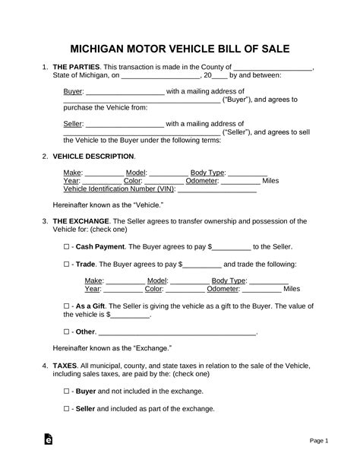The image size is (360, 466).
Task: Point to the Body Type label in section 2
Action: [x=207, y=173]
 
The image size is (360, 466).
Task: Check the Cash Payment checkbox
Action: [x=67, y=247]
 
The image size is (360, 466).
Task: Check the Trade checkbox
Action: [x=67, y=264]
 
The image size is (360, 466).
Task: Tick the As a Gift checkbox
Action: [x=67, y=305]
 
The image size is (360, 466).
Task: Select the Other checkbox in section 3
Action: [x=67, y=331]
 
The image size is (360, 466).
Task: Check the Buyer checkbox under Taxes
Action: [x=67, y=391]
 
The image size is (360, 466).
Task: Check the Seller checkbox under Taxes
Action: [x=67, y=408]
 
